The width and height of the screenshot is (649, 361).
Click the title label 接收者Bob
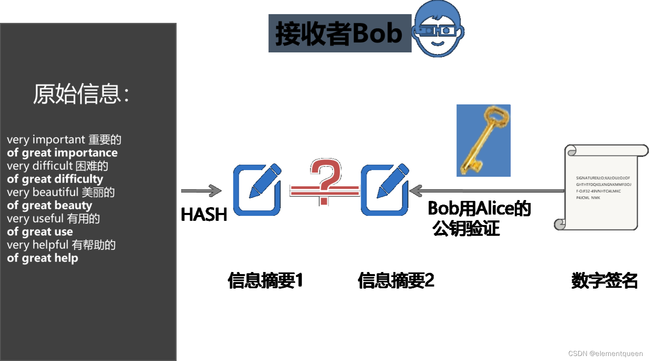click(x=339, y=33)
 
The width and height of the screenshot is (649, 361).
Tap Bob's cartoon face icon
click(x=438, y=29)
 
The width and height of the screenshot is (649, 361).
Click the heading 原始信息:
click(x=81, y=94)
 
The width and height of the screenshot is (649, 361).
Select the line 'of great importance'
click(x=62, y=153)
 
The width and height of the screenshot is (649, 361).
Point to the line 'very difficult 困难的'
click(x=57, y=166)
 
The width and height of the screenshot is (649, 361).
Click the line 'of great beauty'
click(x=50, y=205)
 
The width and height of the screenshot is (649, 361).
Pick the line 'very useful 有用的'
click(x=53, y=218)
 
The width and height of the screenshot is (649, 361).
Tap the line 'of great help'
click(x=42, y=258)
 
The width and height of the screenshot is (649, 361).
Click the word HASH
click(x=204, y=215)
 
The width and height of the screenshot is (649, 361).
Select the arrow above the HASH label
click(x=201, y=191)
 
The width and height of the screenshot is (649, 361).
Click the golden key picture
click(x=483, y=141)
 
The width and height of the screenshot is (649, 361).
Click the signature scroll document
click(x=601, y=187)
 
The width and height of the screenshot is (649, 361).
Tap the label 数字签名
click(x=604, y=280)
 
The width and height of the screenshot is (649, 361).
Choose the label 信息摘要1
click(x=265, y=280)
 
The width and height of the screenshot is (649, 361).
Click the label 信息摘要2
click(x=396, y=280)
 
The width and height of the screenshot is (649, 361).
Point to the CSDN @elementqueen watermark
click(x=605, y=354)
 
